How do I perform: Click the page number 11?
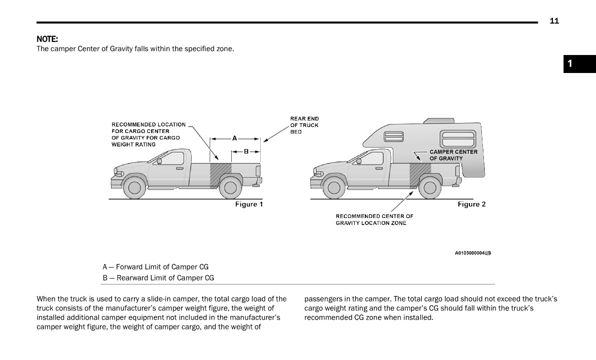click(x=554, y=21)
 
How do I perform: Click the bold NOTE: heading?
click(x=47, y=39)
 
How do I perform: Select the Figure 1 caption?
click(x=249, y=204)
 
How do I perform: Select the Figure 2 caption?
click(x=471, y=204)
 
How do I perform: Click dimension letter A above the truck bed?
click(x=234, y=138)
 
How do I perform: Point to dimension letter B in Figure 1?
click(x=246, y=151)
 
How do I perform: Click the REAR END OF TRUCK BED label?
click(x=304, y=125)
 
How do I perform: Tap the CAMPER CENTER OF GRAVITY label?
click(x=453, y=155)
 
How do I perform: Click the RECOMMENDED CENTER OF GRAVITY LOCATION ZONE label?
click(x=374, y=219)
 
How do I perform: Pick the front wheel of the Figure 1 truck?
click(x=134, y=187)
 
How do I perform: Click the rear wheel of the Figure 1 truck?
click(x=230, y=187)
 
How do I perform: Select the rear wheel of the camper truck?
click(x=429, y=187)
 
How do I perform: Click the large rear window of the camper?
click(x=457, y=138)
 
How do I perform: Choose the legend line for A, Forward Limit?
click(x=156, y=267)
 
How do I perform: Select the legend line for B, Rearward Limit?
click(x=158, y=278)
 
